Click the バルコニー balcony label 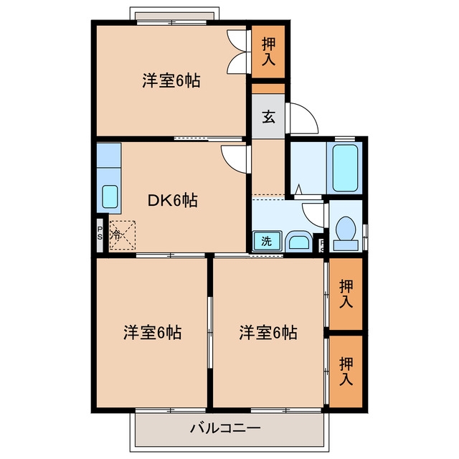point(225,428)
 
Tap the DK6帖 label point(172,201)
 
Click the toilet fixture point(346,233)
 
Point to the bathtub point(346,168)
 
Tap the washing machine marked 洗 point(267,241)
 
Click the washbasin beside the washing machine point(298,242)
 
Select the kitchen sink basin point(110,197)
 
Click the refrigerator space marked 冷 point(123,235)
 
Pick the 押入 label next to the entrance point(268,51)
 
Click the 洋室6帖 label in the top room point(171,80)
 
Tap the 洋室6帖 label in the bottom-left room point(152,332)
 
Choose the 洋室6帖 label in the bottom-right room point(268,332)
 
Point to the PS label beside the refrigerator point(100,233)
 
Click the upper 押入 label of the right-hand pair point(346,293)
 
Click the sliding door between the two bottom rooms point(209,333)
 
